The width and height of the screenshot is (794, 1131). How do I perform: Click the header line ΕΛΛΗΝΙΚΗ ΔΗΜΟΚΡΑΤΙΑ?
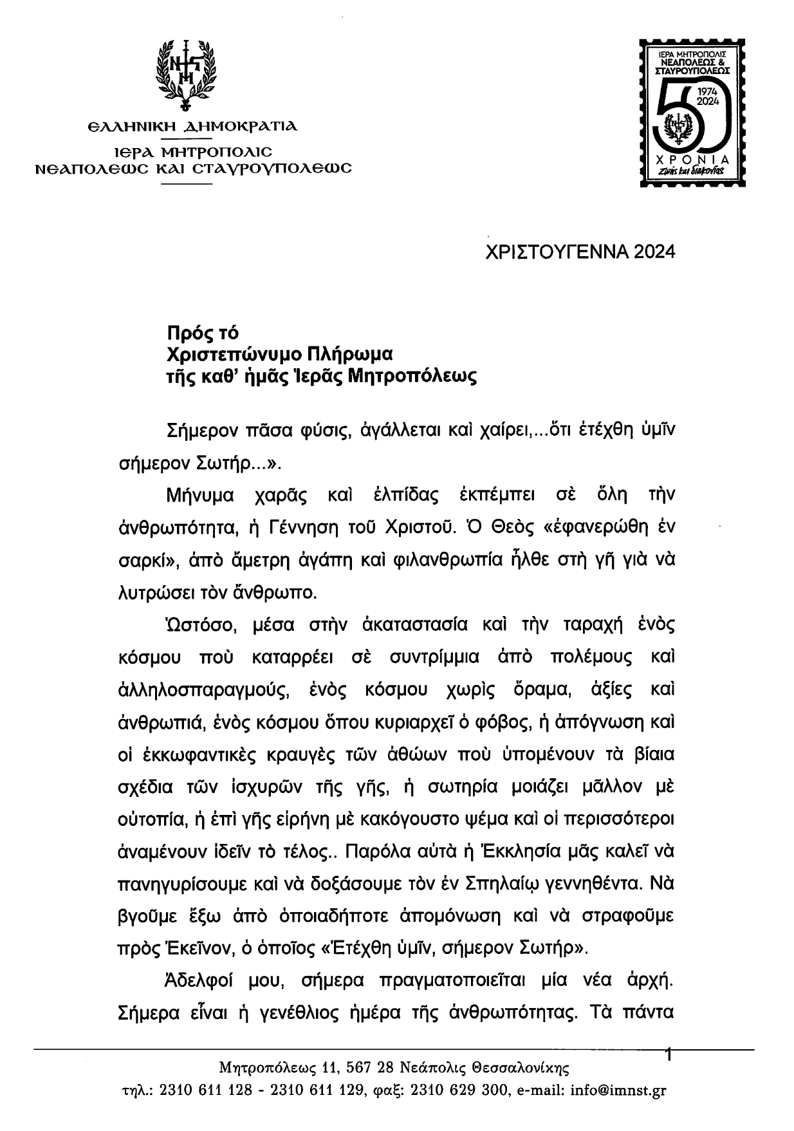point(193,127)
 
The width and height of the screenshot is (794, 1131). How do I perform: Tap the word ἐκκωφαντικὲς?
point(205,754)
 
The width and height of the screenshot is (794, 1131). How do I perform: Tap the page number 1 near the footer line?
point(669,1055)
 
